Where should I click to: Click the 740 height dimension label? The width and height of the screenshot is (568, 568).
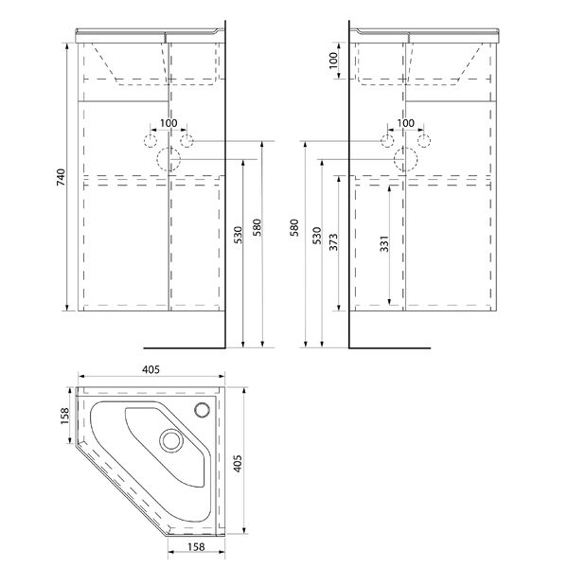click(x=62, y=177)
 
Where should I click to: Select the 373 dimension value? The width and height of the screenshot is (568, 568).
click(x=333, y=242)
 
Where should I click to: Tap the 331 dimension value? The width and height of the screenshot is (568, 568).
click(x=384, y=244)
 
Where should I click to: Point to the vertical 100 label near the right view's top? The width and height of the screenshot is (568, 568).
click(x=333, y=61)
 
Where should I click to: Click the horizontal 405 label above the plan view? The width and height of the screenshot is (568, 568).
click(x=151, y=370)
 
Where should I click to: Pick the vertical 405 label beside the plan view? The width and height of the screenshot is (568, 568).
click(x=238, y=463)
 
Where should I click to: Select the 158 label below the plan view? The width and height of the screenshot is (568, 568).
click(x=196, y=546)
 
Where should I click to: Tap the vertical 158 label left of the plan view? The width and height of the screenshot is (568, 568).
click(x=64, y=416)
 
